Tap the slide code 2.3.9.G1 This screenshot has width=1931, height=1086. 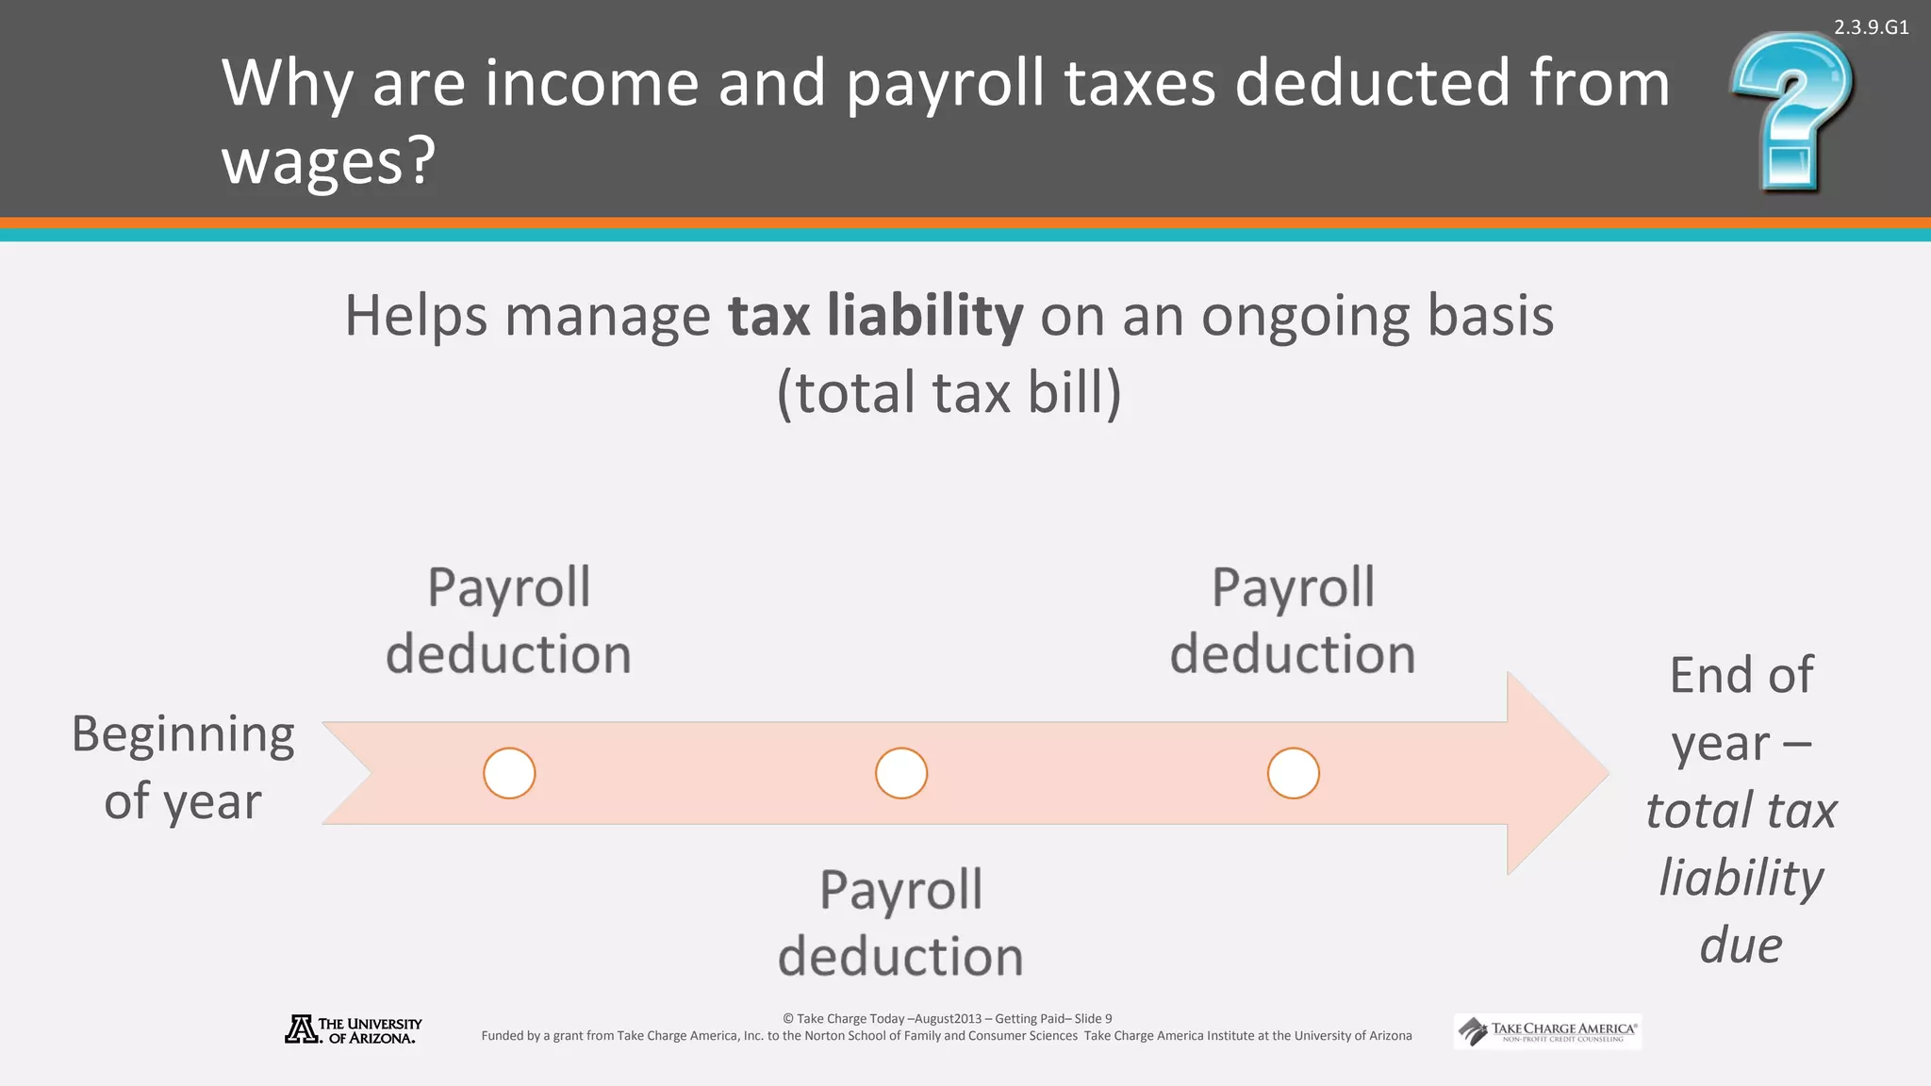pyautogui.click(x=1871, y=27)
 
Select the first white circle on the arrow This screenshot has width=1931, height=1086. pyautogui.click(x=509, y=773)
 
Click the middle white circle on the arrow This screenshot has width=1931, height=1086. pyautogui.click(x=901, y=773)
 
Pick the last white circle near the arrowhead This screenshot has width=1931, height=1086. pyautogui.click(x=1293, y=773)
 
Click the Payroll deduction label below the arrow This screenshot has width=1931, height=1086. pyautogui.click(x=900, y=923)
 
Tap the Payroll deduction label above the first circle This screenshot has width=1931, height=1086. pyautogui.click(x=509, y=620)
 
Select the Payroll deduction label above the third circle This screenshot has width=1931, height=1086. pyautogui.click(x=1293, y=620)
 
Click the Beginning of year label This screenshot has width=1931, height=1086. pyautogui.click(x=183, y=767)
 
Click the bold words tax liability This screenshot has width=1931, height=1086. pyautogui.click(x=875, y=315)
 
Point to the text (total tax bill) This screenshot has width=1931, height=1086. pyautogui.click(x=949, y=392)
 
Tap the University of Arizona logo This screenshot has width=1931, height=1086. pyautogui.click(x=354, y=1029)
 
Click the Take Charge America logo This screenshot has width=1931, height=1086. pyautogui.click(x=1547, y=1031)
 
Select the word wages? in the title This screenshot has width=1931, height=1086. pyautogui.click(x=328, y=160)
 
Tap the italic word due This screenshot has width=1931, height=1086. pyautogui.click(x=1741, y=945)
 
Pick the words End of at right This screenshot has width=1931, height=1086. pyautogui.click(x=1741, y=675)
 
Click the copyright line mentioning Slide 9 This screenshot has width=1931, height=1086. pyautogui.click(x=947, y=1018)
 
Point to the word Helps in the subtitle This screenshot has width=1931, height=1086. pyautogui.click(x=416, y=315)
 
